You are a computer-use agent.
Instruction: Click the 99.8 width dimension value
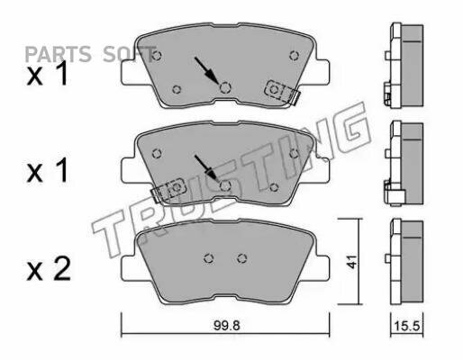[x=227, y=325]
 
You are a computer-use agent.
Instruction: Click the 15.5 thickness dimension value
[x=407, y=326]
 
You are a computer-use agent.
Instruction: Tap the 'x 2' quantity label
[x=49, y=269]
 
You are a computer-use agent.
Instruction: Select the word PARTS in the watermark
[x=58, y=54]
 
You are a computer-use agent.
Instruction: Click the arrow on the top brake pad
[x=206, y=70]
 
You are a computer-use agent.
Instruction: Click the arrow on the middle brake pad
[x=205, y=168]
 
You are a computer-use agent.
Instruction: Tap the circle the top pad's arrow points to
[x=225, y=87]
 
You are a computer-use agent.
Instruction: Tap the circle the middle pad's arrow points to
[x=225, y=185]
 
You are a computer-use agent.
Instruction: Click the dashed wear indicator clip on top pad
[x=282, y=92]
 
